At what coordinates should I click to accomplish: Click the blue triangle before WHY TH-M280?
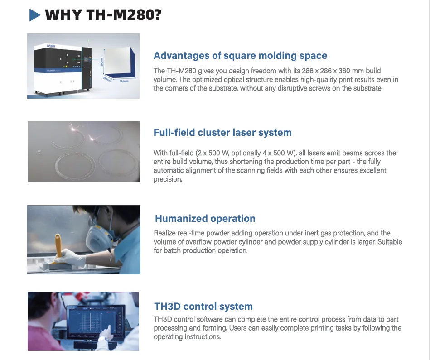click(35, 15)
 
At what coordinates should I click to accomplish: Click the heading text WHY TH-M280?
click(103, 15)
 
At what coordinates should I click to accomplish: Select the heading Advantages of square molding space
click(240, 56)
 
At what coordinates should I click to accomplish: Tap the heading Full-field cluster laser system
click(222, 133)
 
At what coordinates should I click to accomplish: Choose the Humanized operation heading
click(205, 219)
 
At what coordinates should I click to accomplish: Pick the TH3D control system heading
click(203, 307)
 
